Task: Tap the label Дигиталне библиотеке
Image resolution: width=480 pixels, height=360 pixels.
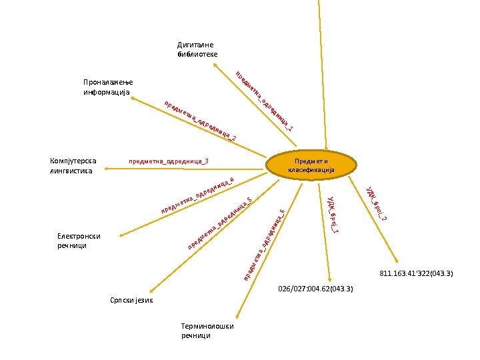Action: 197,49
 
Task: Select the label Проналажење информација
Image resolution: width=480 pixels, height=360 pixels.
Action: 107,86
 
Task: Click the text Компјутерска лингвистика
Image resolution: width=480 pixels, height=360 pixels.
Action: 73,165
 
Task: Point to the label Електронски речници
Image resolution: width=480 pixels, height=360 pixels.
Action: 79,241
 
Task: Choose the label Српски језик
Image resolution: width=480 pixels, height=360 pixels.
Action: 131,301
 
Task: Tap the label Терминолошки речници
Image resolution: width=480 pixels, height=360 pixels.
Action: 207,331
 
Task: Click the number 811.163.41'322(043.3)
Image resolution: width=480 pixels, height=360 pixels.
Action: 416,273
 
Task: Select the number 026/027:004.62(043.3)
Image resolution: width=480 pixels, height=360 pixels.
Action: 315,289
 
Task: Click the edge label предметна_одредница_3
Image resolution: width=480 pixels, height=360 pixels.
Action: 169,161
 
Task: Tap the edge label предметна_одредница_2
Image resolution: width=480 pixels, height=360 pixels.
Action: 199,121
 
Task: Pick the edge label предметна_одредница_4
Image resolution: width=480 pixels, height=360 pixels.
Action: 197,196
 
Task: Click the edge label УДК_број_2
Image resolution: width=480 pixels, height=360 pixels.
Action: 376,203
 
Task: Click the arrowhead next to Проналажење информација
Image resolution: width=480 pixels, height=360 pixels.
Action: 133,98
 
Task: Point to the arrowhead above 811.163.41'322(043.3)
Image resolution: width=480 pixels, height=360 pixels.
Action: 397,261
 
